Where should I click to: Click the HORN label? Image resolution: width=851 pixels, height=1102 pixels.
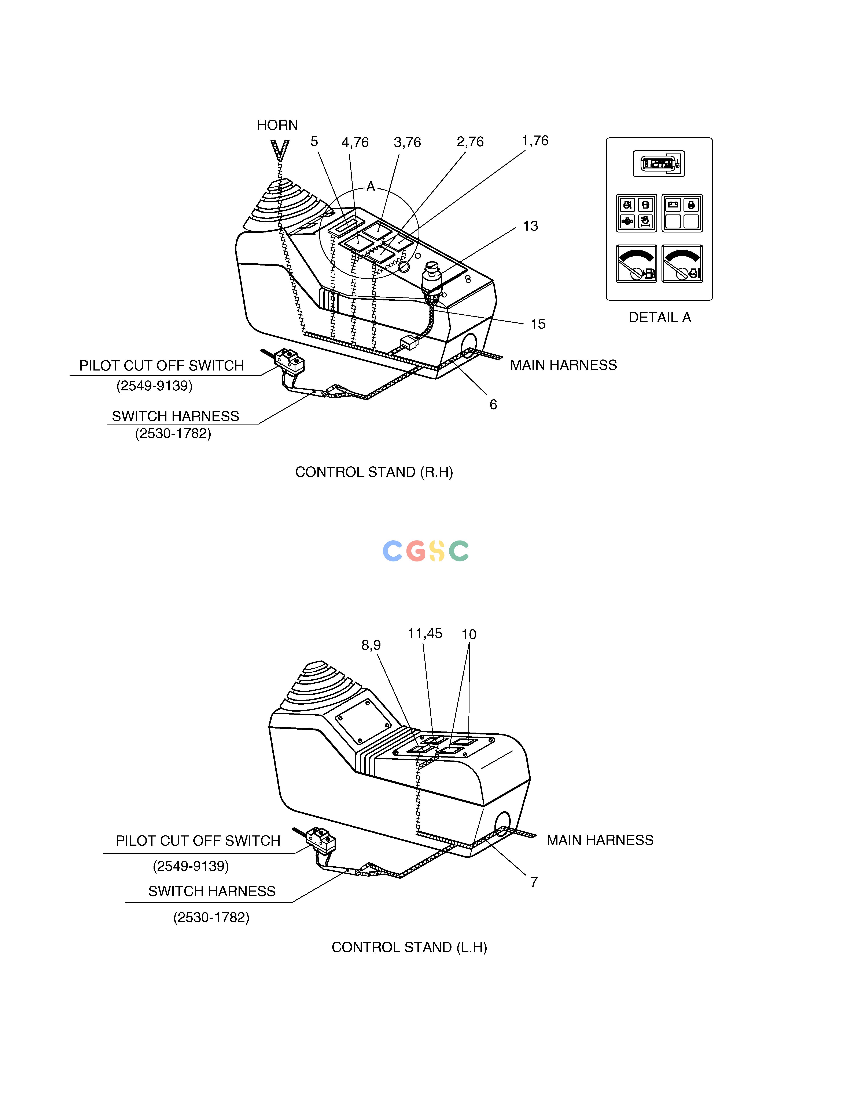(277, 125)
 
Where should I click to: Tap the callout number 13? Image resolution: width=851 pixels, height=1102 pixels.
(530, 226)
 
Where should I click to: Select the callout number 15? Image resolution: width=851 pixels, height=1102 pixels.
(538, 324)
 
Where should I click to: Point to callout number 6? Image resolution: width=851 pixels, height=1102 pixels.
(493, 405)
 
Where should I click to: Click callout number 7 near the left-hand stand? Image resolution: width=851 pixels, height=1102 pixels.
(534, 882)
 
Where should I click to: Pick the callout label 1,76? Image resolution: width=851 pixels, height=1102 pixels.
(535, 141)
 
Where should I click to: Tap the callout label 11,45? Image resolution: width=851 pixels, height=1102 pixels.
(425, 633)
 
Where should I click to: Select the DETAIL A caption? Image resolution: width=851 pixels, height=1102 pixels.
(660, 317)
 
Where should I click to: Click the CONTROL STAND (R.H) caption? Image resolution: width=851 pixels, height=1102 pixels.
(374, 472)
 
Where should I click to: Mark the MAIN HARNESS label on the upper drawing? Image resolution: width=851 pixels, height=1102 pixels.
(563, 365)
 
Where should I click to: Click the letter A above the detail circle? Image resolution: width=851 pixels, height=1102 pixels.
(371, 187)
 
